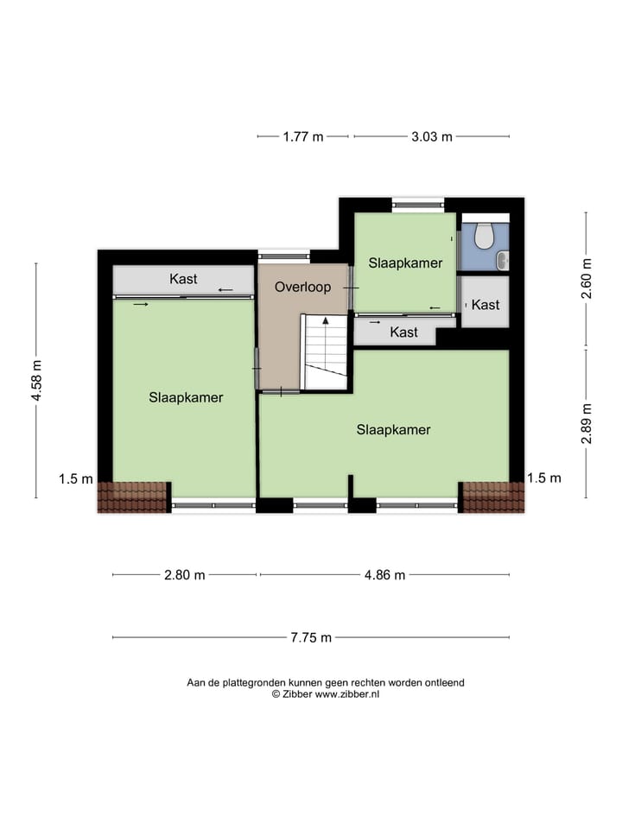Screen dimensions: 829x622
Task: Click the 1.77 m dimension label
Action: pos(303,136)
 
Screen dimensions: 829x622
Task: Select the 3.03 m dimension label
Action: pos(432,136)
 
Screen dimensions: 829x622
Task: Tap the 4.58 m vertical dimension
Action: pos(36,381)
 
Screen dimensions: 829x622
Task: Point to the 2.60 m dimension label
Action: pos(587,279)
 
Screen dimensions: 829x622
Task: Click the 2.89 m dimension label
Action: pos(587,423)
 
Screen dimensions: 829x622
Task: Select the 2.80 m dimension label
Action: pos(185,575)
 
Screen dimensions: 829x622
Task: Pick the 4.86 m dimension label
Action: pos(384,575)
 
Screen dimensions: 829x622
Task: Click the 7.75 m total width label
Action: pos(311,638)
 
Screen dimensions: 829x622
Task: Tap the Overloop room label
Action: pos(302,287)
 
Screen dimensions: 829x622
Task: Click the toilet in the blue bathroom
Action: pos(484,233)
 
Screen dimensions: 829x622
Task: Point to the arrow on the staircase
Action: pos(326,321)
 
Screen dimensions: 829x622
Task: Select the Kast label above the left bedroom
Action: pos(183,279)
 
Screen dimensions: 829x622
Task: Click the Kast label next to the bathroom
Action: pos(486,305)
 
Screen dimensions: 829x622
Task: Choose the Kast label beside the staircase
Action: pos(403,332)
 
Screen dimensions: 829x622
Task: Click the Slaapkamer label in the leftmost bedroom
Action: pos(186,398)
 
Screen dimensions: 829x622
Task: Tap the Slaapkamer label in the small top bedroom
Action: pos(406,263)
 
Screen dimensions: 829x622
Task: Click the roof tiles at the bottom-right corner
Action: pos(493,497)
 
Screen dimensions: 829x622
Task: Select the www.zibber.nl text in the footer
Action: pos(346,693)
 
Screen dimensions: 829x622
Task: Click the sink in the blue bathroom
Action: pos(503,257)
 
